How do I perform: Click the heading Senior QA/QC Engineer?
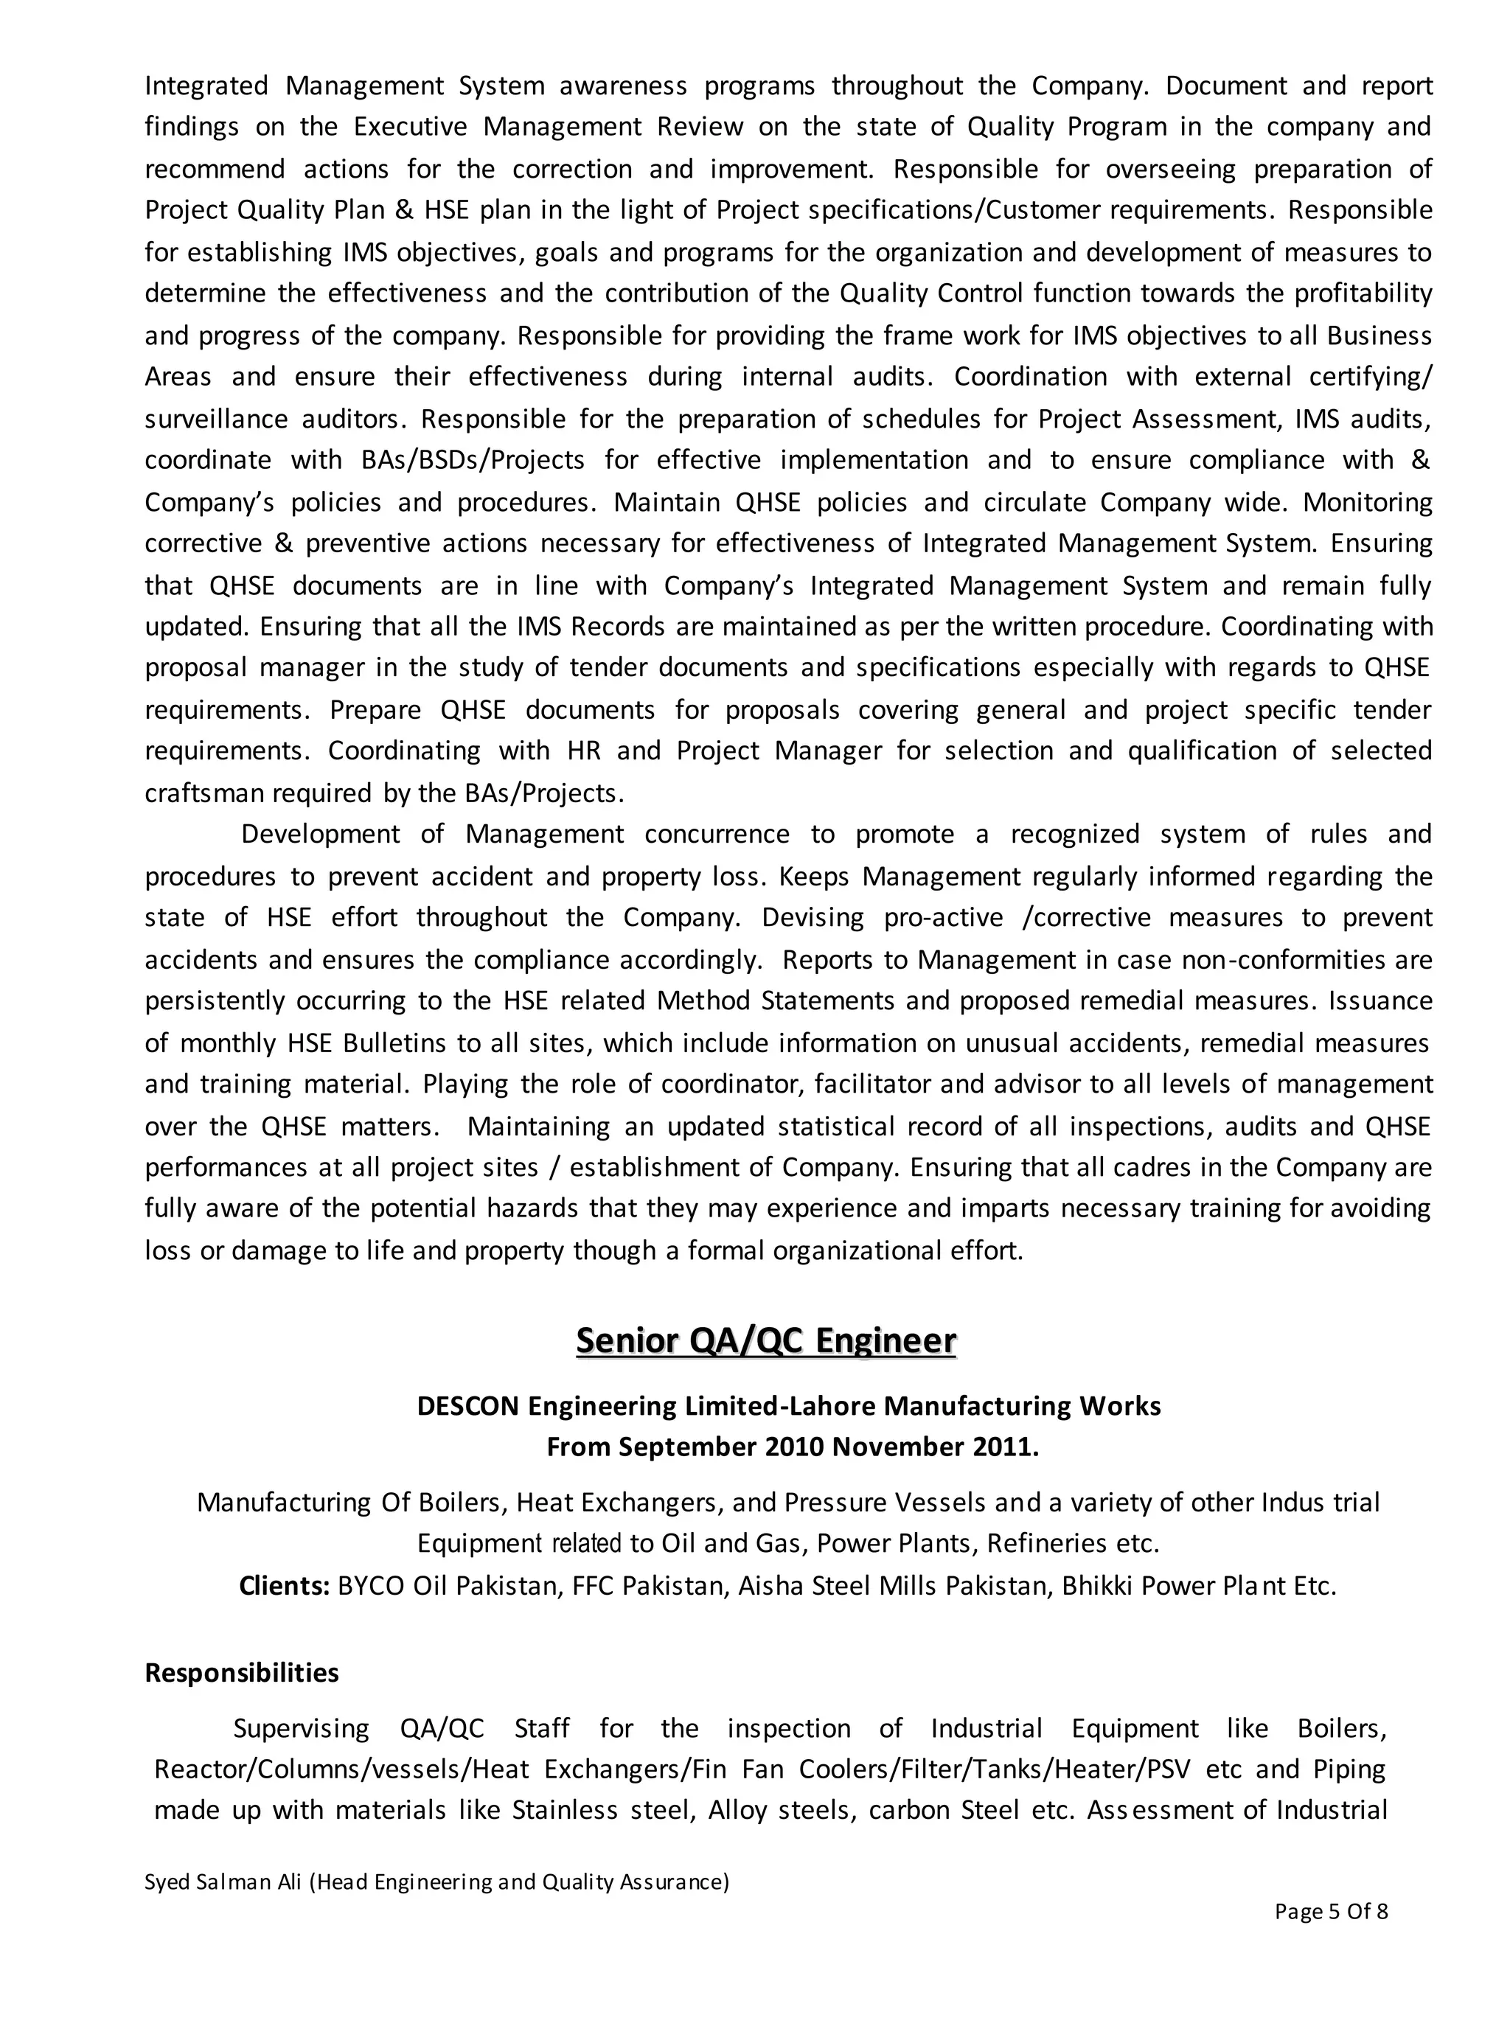(x=766, y=1340)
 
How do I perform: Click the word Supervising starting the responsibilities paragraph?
(x=301, y=1729)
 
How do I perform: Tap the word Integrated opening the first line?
(x=206, y=86)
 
